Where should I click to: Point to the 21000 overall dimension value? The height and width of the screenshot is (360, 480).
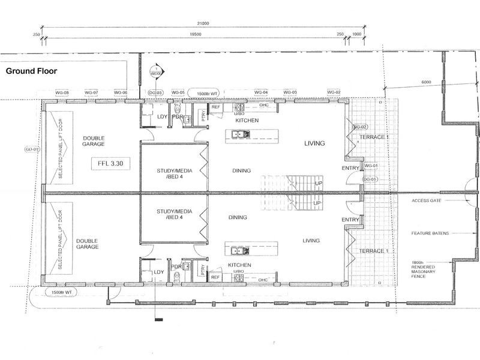coord(194,23)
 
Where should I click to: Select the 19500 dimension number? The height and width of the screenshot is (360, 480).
coord(193,35)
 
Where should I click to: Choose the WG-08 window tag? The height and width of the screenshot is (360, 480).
coord(62,92)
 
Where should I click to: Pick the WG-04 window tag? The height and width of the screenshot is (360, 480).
coord(261,92)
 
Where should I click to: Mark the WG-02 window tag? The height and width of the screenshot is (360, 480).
coord(334,92)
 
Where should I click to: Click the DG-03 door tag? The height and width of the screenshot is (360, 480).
coord(155,92)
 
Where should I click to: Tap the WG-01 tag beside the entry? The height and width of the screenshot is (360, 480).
coord(371,166)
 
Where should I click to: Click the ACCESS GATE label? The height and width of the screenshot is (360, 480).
coord(427,200)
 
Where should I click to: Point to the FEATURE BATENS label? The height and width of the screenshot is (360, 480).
coord(431,233)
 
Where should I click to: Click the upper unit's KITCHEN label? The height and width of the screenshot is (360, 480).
coord(247,121)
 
